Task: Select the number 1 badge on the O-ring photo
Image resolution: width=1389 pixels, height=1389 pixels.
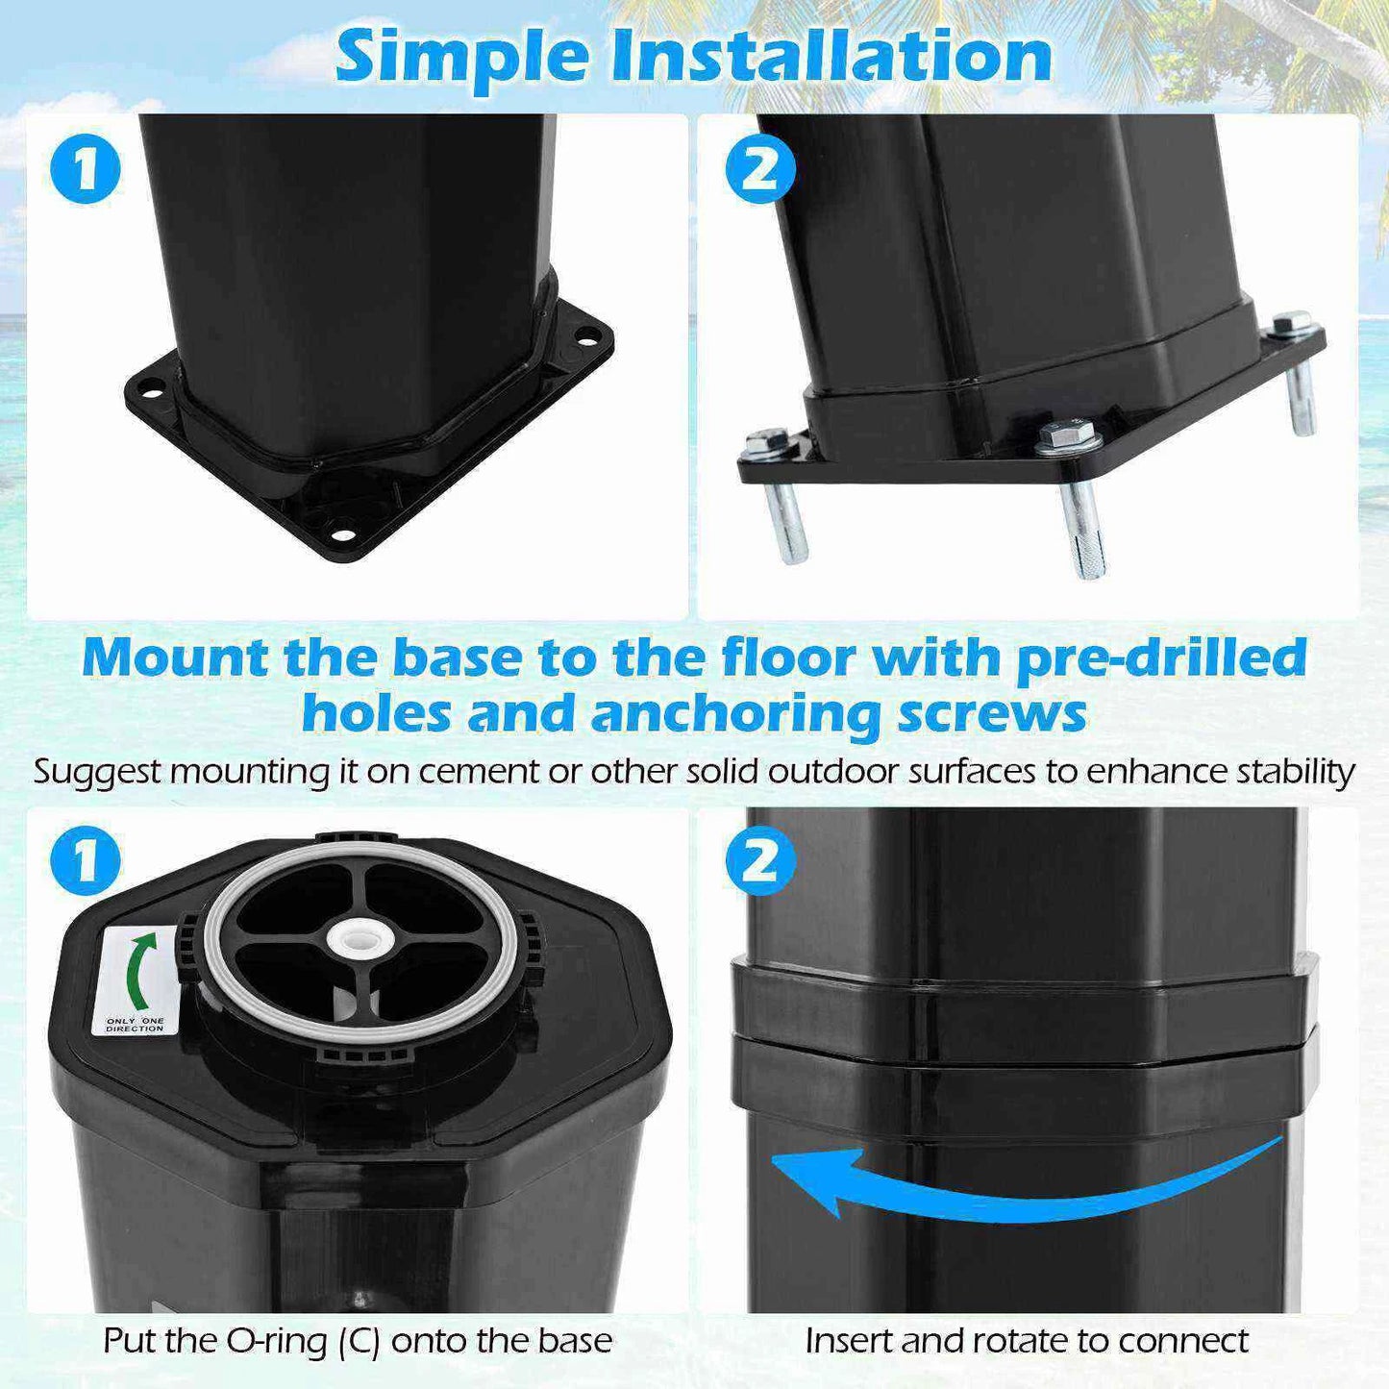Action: [x=86, y=861]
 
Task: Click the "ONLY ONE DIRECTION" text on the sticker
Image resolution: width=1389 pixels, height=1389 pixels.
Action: [x=135, y=1025]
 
